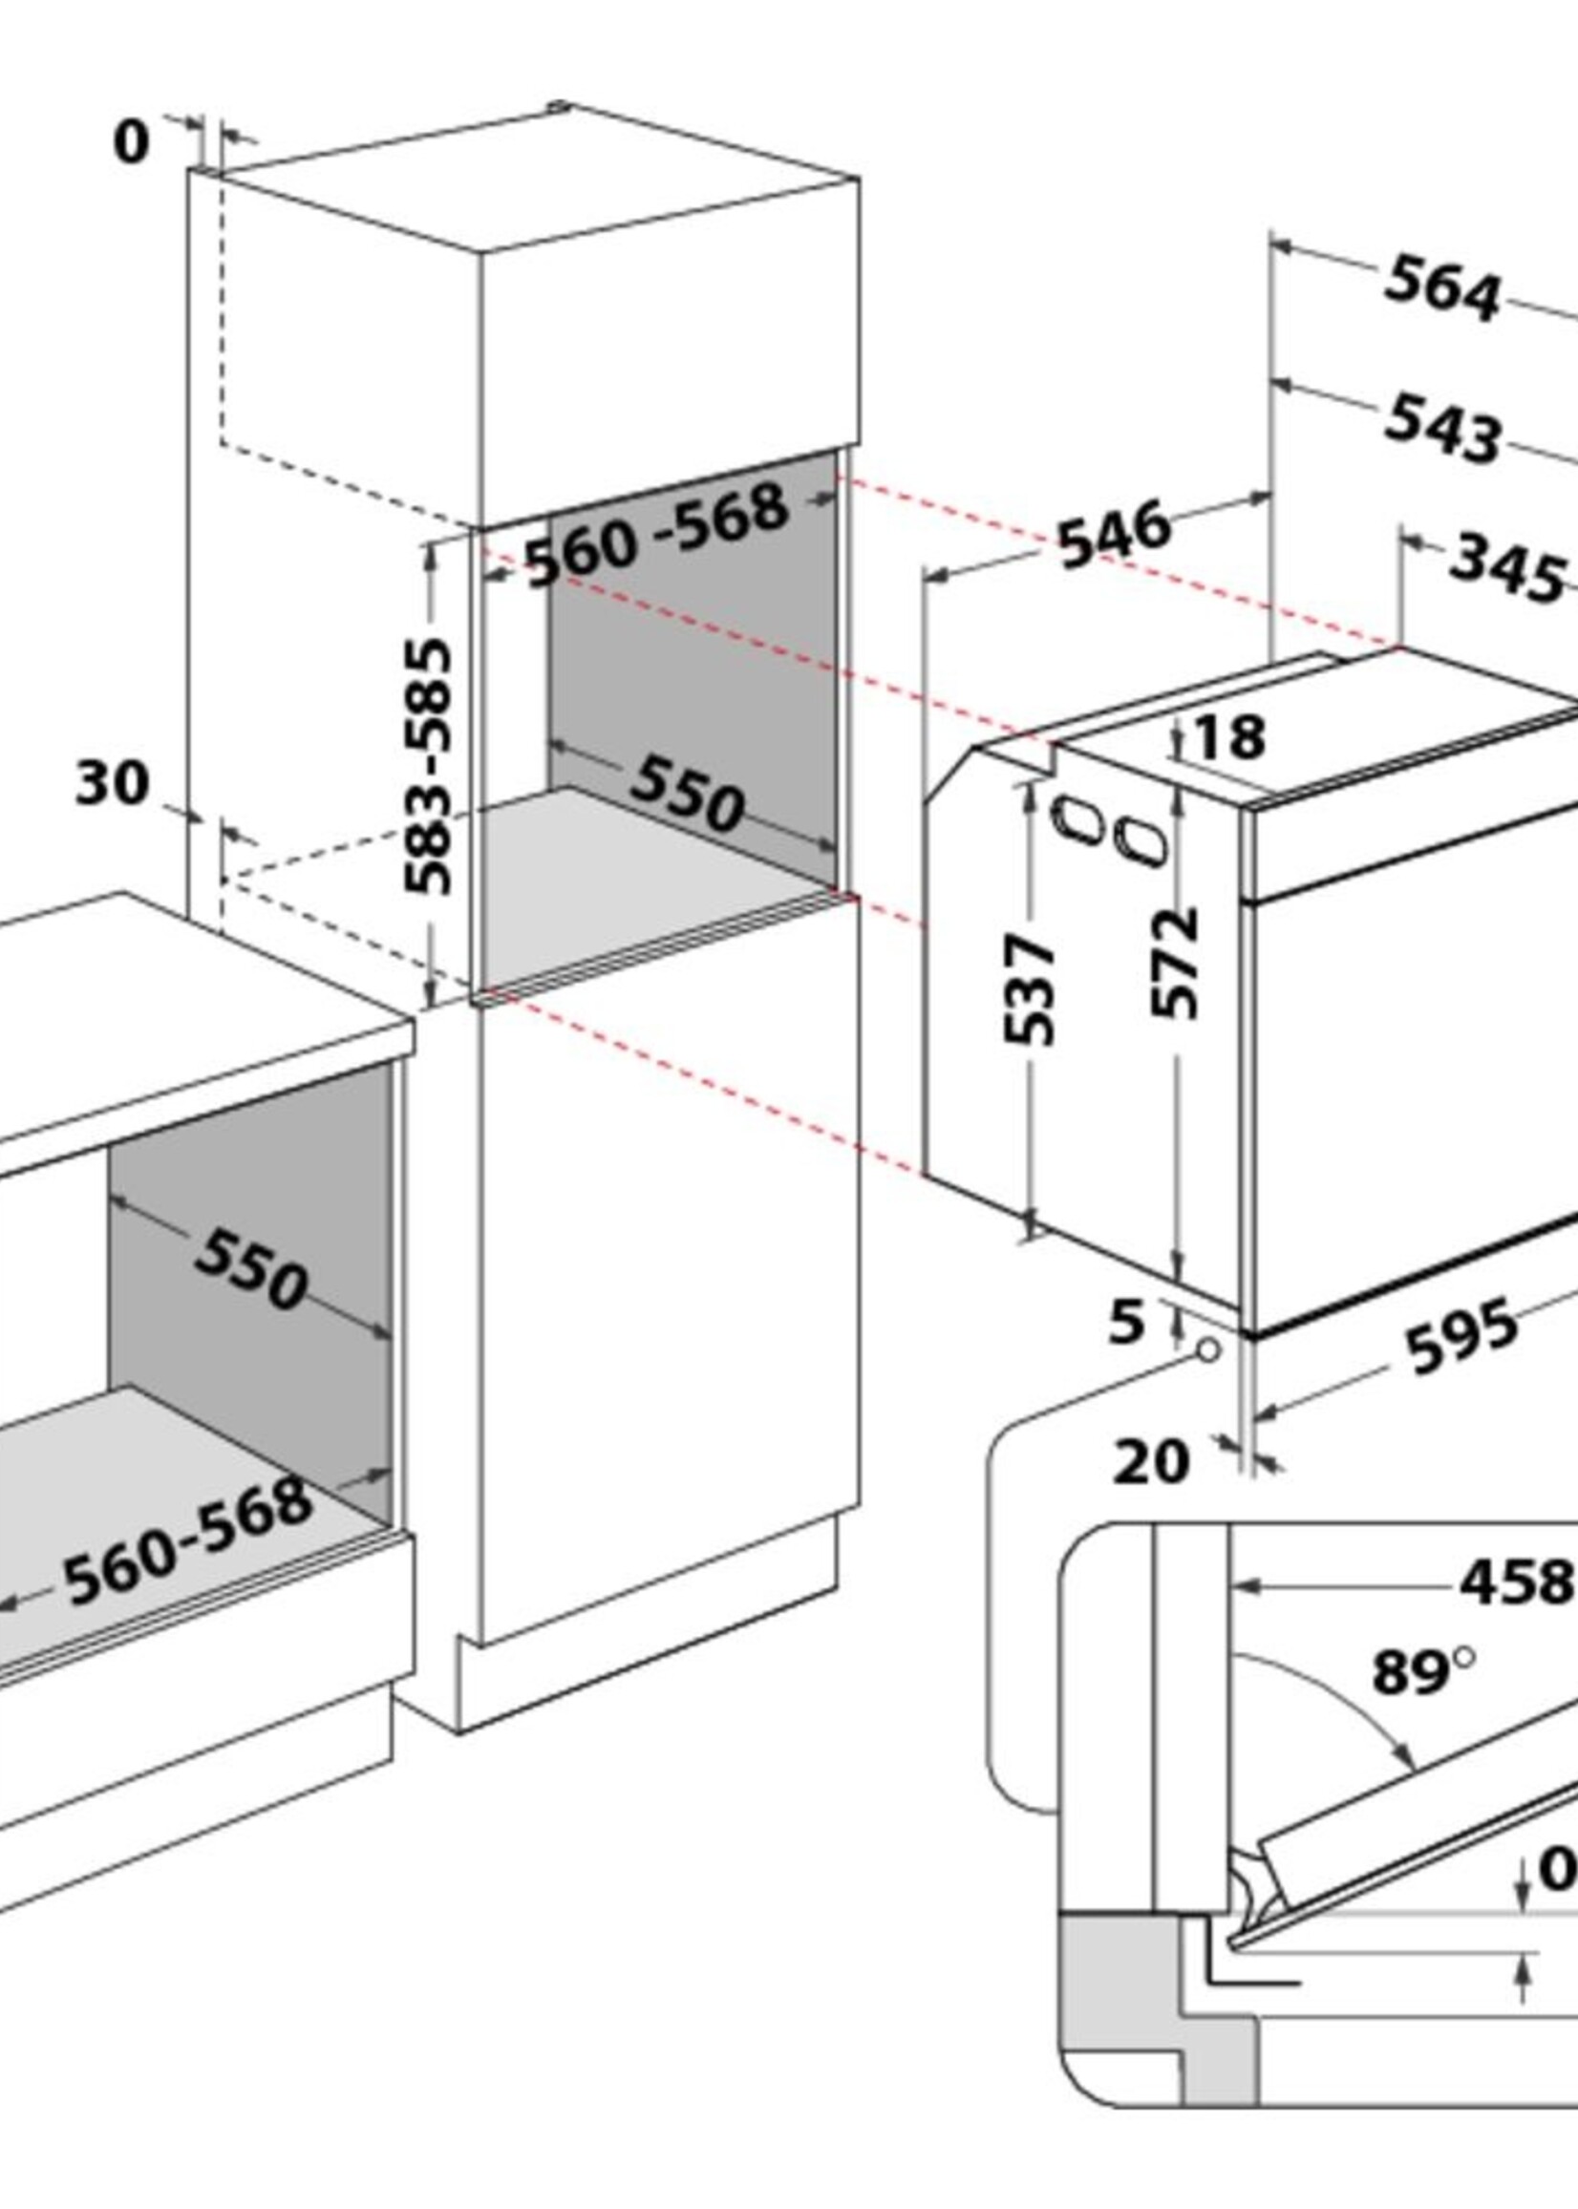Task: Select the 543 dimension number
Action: [1443, 429]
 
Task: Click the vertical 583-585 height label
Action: [429, 767]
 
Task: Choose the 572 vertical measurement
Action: [1173, 964]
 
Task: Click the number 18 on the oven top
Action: [1230, 737]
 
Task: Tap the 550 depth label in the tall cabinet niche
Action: [686, 795]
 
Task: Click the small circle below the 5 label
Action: [1207, 1351]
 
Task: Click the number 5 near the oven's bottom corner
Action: [1127, 1321]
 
